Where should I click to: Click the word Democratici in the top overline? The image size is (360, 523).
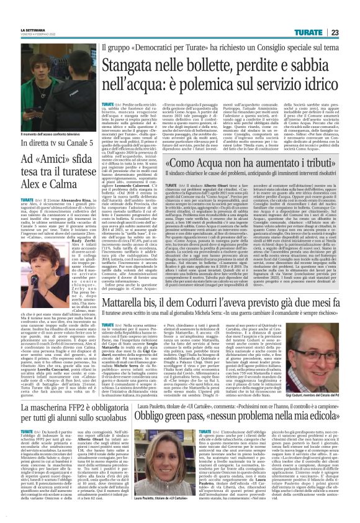click(x=166, y=47)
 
